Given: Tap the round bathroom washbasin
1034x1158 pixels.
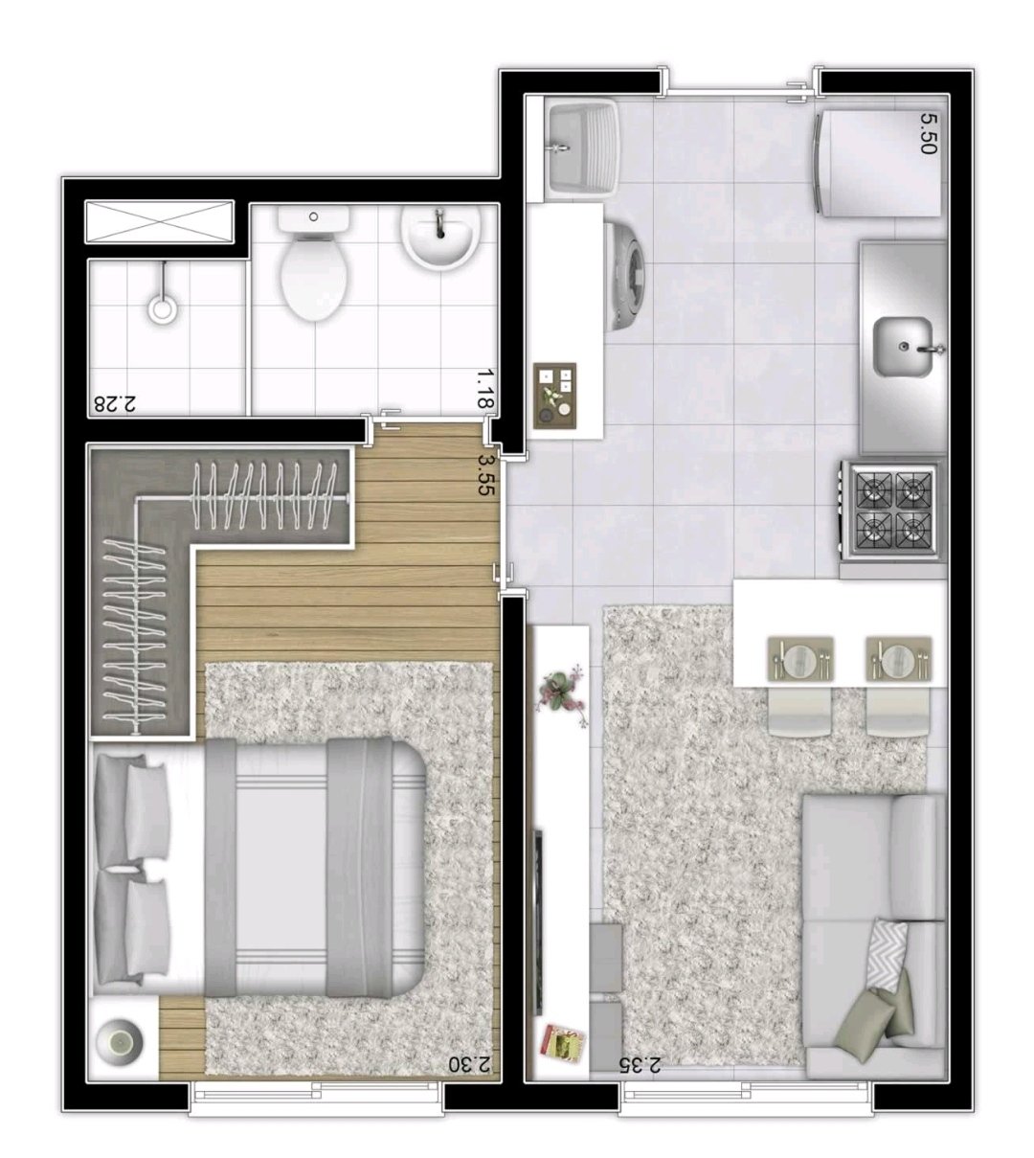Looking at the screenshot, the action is click(440, 238).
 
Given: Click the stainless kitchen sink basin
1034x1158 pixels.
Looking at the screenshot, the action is click(903, 347).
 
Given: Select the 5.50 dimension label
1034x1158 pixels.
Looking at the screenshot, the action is click(928, 133).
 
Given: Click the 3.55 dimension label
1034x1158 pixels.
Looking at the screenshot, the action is click(485, 475).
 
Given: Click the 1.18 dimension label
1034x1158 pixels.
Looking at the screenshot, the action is click(484, 389).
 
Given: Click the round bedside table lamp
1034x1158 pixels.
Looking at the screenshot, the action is click(120, 1042).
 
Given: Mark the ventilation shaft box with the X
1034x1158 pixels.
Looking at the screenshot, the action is click(159, 221).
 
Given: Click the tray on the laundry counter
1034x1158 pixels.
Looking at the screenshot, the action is click(554, 395).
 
